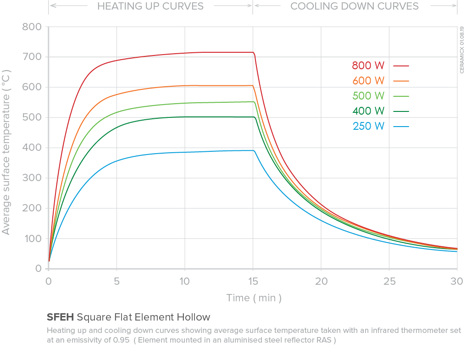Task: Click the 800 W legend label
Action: coord(368,66)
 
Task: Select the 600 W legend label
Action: coord(368,81)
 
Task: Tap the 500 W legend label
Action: coord(368,96)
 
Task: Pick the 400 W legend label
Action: coord(368,111)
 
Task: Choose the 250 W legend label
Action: coord(368,126)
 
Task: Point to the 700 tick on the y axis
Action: coord(33,57)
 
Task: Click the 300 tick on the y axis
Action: coord(33,178)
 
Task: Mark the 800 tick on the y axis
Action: coord(33,27)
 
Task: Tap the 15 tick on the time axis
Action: coord(253,281)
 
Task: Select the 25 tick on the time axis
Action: coord(389,281)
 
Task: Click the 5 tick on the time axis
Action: coord(116,281)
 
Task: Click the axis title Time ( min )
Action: coord(254,298)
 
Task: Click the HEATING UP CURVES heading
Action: coord(150,6)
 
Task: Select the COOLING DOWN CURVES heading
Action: coord(355,6)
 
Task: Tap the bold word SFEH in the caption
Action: coord(61,317)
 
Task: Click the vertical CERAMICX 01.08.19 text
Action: coord(461,50)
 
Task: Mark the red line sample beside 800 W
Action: coord(401,66)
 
